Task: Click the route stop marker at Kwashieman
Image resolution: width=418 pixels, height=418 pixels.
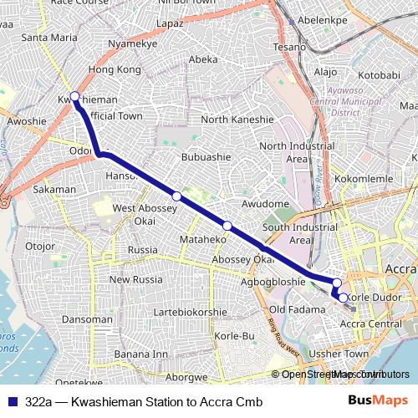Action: (x=75, y=96)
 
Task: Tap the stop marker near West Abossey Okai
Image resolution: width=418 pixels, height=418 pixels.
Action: (x=176, y=196)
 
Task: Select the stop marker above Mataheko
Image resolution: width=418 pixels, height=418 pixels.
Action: (x=227, y=225)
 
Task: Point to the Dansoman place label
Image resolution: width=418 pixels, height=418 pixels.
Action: (x=87, y=319)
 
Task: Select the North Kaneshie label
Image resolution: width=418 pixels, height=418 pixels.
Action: (x=237, y=120)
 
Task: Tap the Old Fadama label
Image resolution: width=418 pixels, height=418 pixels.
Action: (x=289, y=310)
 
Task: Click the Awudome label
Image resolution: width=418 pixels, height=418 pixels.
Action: (x=265, y=203)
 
